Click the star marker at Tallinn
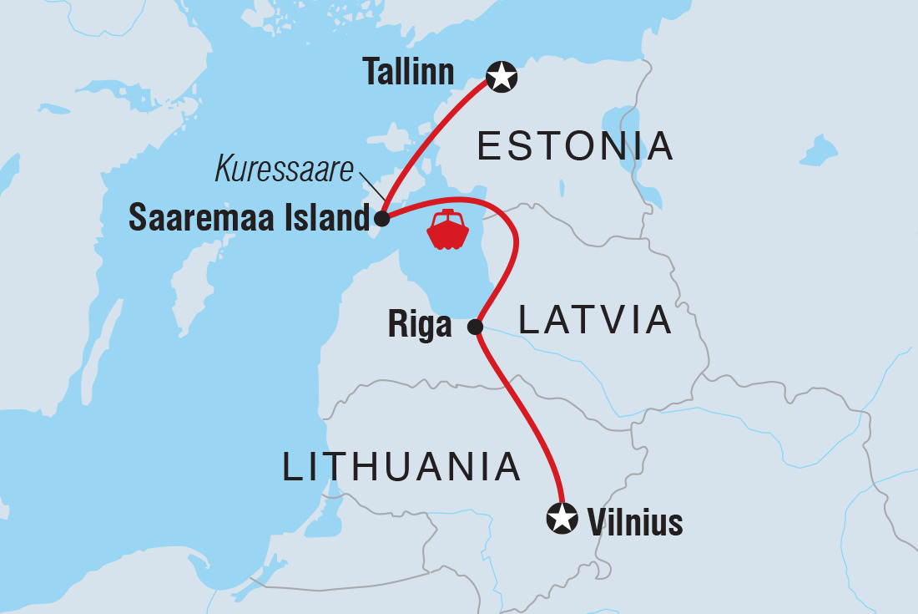pyautogui.click(x=502, y=77)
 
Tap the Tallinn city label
pyautogui.click(x=409, y=74)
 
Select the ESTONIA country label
pyautogui.click(x=574, y=147)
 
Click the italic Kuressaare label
pyautogui.click(x=286, y=169)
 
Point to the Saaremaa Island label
pyautogui.click(x=249, y=219)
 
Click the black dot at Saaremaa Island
pyautogui.click(x=381, y=220)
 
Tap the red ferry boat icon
pyautogui.click(x=448, y=231)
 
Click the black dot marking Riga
pyautogui.click(x=476, y=327)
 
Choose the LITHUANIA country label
pyautogui.click(x=401, y=467)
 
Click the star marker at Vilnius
pyautogui.click(x=562, y=518)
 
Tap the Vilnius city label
pyautogui.click(x=635, y=524)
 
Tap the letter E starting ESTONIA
pyautogui.click(x=487, y=147)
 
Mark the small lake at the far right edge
pyautogui.click(x=819, y=152)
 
